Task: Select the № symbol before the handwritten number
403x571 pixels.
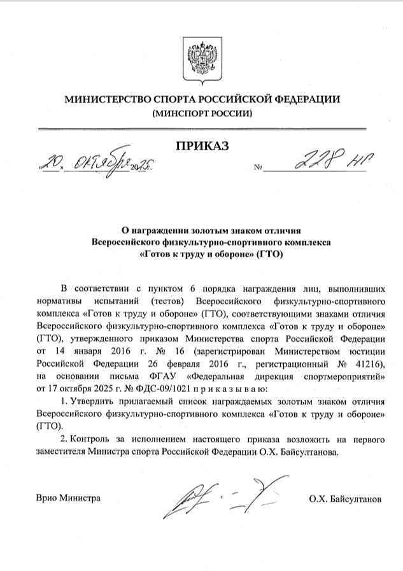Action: (x=258, y=169)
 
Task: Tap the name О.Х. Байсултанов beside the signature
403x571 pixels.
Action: (x=344, y=499)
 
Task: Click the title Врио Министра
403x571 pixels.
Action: (x=68, y=498)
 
